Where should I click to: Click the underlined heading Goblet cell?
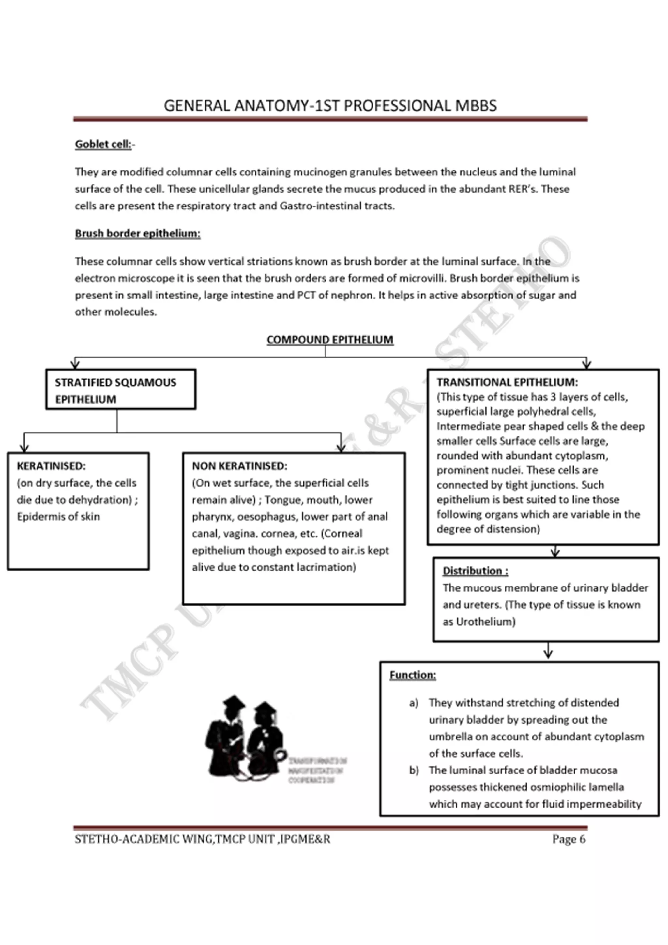point(103,145)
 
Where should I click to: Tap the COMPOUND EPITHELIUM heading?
point(330,340)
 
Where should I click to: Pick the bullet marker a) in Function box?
point(414,703)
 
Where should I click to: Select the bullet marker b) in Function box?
point(414,770)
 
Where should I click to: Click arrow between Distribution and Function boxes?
point(548,651)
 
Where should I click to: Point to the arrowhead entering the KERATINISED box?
point(24,448)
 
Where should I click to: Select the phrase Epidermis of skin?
point(58,517)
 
